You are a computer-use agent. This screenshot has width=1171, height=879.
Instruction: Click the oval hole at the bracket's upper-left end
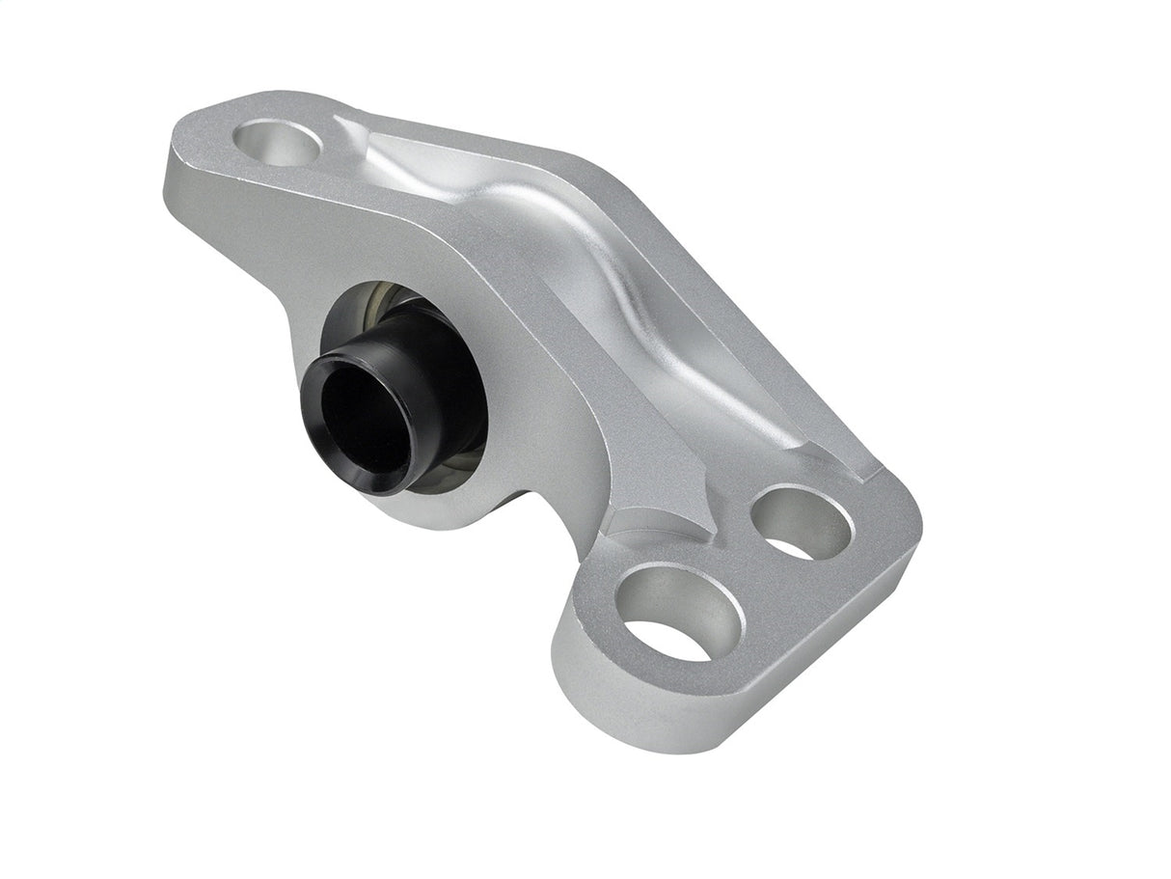point(277,144)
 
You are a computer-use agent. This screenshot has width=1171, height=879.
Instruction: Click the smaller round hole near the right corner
point(802,522)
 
